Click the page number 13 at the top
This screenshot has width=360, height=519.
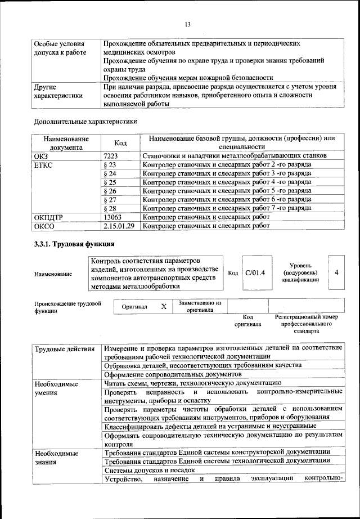coord(188,24)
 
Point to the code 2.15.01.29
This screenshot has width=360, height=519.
coord(119,226)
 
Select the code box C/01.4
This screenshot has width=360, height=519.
coord(255,272)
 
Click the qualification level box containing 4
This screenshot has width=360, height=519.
coord(336,272)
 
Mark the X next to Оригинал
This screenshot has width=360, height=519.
coord(164,307)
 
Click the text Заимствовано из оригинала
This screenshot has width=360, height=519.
coord(200,306)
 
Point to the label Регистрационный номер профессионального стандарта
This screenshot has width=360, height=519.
coord(306,324)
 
